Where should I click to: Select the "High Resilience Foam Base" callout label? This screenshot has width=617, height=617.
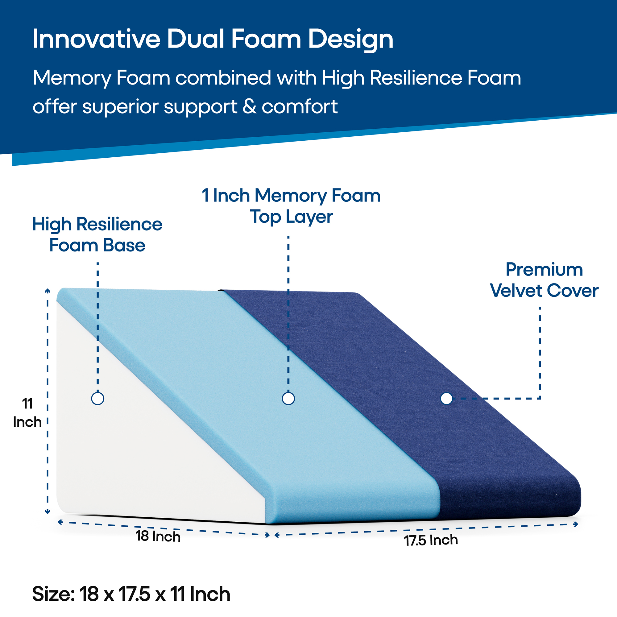pyautogui.click(x=97, y=234)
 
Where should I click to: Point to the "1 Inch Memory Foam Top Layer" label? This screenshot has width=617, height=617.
pyautogui.click(x=291, y=206)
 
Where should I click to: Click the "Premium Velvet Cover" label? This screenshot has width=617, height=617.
pyautogui.click(x=544, y=280)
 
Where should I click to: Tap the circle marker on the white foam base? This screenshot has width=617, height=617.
pyautogui.click(x=98, y=398)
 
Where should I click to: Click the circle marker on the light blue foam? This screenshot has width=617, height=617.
pyautogui.click(x=288, y=398)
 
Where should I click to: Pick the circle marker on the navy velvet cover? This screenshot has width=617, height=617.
pyautogui.click(x=446, y=398)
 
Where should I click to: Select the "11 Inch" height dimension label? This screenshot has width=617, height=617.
pyautogui.click(x=27, y=412)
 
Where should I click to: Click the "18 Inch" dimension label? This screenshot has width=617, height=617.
pyautogui.click(x=158, y=536)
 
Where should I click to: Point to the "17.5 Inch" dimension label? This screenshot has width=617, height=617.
pyautogui.click(x=431, y=540)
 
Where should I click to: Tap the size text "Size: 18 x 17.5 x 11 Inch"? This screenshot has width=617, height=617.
pyautogui.click(x=131, y=594)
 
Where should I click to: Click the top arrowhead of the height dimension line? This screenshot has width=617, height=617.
pyautogui.click(x=48, y=290)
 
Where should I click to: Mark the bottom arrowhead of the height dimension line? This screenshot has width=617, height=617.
pyautogui.click(x=48, y=512)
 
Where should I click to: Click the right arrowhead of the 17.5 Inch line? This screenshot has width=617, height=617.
pyautogui.click(x=576, y=524)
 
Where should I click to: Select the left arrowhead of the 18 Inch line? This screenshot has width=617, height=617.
pyautogui.click(x=60, y=522)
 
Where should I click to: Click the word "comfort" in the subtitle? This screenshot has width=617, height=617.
pyautogui.click(x=300, y=106)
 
